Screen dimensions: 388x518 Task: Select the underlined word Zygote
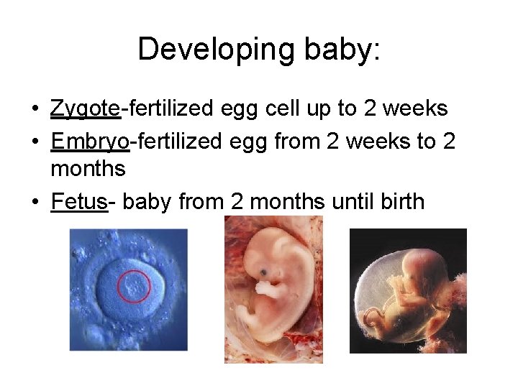pyautogui.click(x=85, y=109)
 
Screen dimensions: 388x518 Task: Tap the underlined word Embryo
pyautogui.click(x=90, y=142)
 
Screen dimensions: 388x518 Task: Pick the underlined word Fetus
pyautogui.click(x=79, y=202)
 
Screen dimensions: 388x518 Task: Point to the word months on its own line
pyautogui.click(x=88, y=170)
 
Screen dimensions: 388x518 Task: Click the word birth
pyautogui.click(x=399, y=201)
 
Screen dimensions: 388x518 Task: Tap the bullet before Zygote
pyautogui.click(x=35, y=109)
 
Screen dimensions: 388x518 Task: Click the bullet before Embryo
pyautogui.click(x=35, y=142)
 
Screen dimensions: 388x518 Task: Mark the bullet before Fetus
pyautogui.click(x=35, y=202)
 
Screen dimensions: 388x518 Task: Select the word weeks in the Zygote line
pyautogui.click(x=416, y=108)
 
